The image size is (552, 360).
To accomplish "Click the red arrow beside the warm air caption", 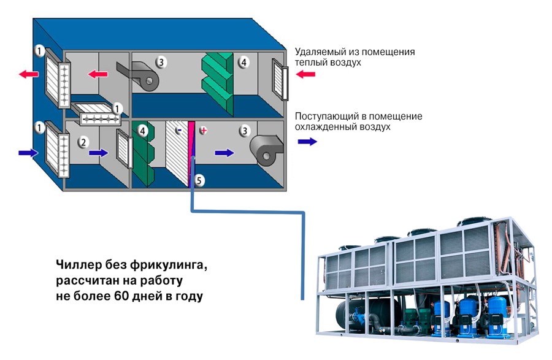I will coord(305,74).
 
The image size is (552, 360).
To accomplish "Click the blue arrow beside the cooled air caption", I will coord(307,141).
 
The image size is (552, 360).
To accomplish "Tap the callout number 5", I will coord(198,180).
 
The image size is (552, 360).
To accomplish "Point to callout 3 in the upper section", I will coord(161,61).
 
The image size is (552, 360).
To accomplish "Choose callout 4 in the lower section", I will coord(142,130).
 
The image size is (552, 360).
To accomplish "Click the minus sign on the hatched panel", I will coord(178,131).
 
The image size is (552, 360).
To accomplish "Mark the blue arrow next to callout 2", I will coord(97,153).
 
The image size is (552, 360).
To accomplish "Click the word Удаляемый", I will coord(323,52).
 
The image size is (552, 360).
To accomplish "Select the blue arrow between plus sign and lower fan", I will coord(224,153).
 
